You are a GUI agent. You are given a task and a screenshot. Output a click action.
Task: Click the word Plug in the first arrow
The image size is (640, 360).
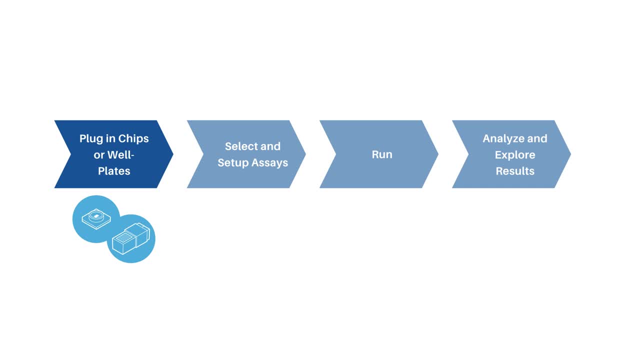coord(91,138)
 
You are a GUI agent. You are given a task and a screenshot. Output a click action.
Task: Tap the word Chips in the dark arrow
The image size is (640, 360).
coord(133,138)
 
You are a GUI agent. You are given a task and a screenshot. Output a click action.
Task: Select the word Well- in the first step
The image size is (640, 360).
coord(121,154)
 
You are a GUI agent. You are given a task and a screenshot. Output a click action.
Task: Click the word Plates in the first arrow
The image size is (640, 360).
coord(114,171)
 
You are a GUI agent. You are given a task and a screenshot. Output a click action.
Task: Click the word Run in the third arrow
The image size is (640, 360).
coord(382,154)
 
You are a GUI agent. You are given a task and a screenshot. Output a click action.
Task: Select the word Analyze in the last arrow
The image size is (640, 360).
coord(503,138)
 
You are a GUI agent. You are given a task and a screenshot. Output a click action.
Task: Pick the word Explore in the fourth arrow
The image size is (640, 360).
coord(515,154)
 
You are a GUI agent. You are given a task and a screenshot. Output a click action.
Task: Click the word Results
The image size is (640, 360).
coord(515,171)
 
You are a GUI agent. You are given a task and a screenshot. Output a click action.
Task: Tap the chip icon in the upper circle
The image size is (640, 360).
coord(96,218)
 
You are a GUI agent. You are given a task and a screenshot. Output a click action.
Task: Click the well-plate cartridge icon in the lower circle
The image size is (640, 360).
coord(131,238)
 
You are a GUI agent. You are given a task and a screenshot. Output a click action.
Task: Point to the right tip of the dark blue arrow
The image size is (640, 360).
coord(172,154)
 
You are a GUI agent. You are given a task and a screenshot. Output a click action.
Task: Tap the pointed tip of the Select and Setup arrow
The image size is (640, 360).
coord(304,154)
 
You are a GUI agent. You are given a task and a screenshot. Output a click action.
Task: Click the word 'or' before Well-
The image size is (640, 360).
coord(98,154)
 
